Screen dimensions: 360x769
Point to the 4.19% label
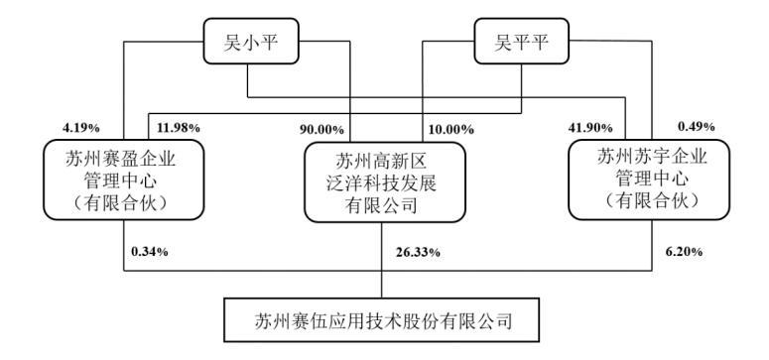pos(76,127)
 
